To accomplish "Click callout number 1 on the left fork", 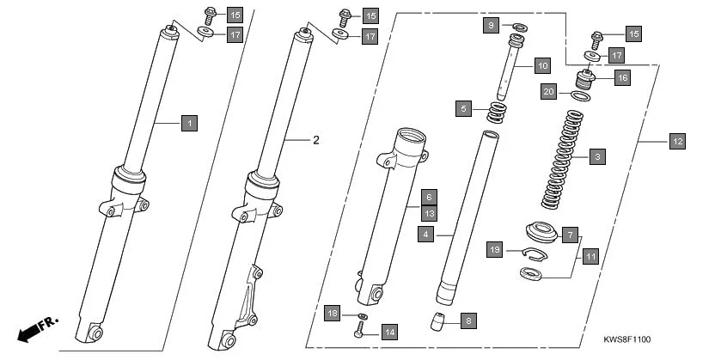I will tap(189, 123).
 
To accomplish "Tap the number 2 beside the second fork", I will tap(315, 140).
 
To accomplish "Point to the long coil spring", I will tap(567, 159).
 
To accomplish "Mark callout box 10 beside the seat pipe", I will tap(541, 65).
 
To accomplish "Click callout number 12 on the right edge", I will tap(677, 140).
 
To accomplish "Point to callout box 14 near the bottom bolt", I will tap(389, 331).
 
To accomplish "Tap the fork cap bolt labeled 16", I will tap(586, 82).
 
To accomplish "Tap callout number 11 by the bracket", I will tap(590, 256).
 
